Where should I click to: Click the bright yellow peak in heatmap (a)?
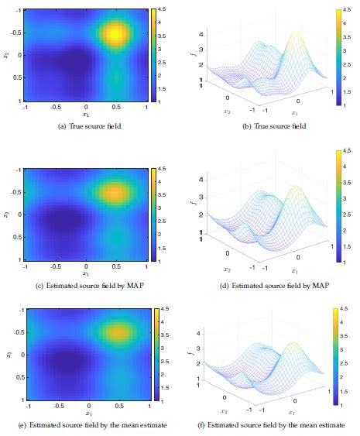(115, 33)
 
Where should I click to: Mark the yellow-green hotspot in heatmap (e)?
(115, 333)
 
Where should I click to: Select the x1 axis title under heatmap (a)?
(86, 114)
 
